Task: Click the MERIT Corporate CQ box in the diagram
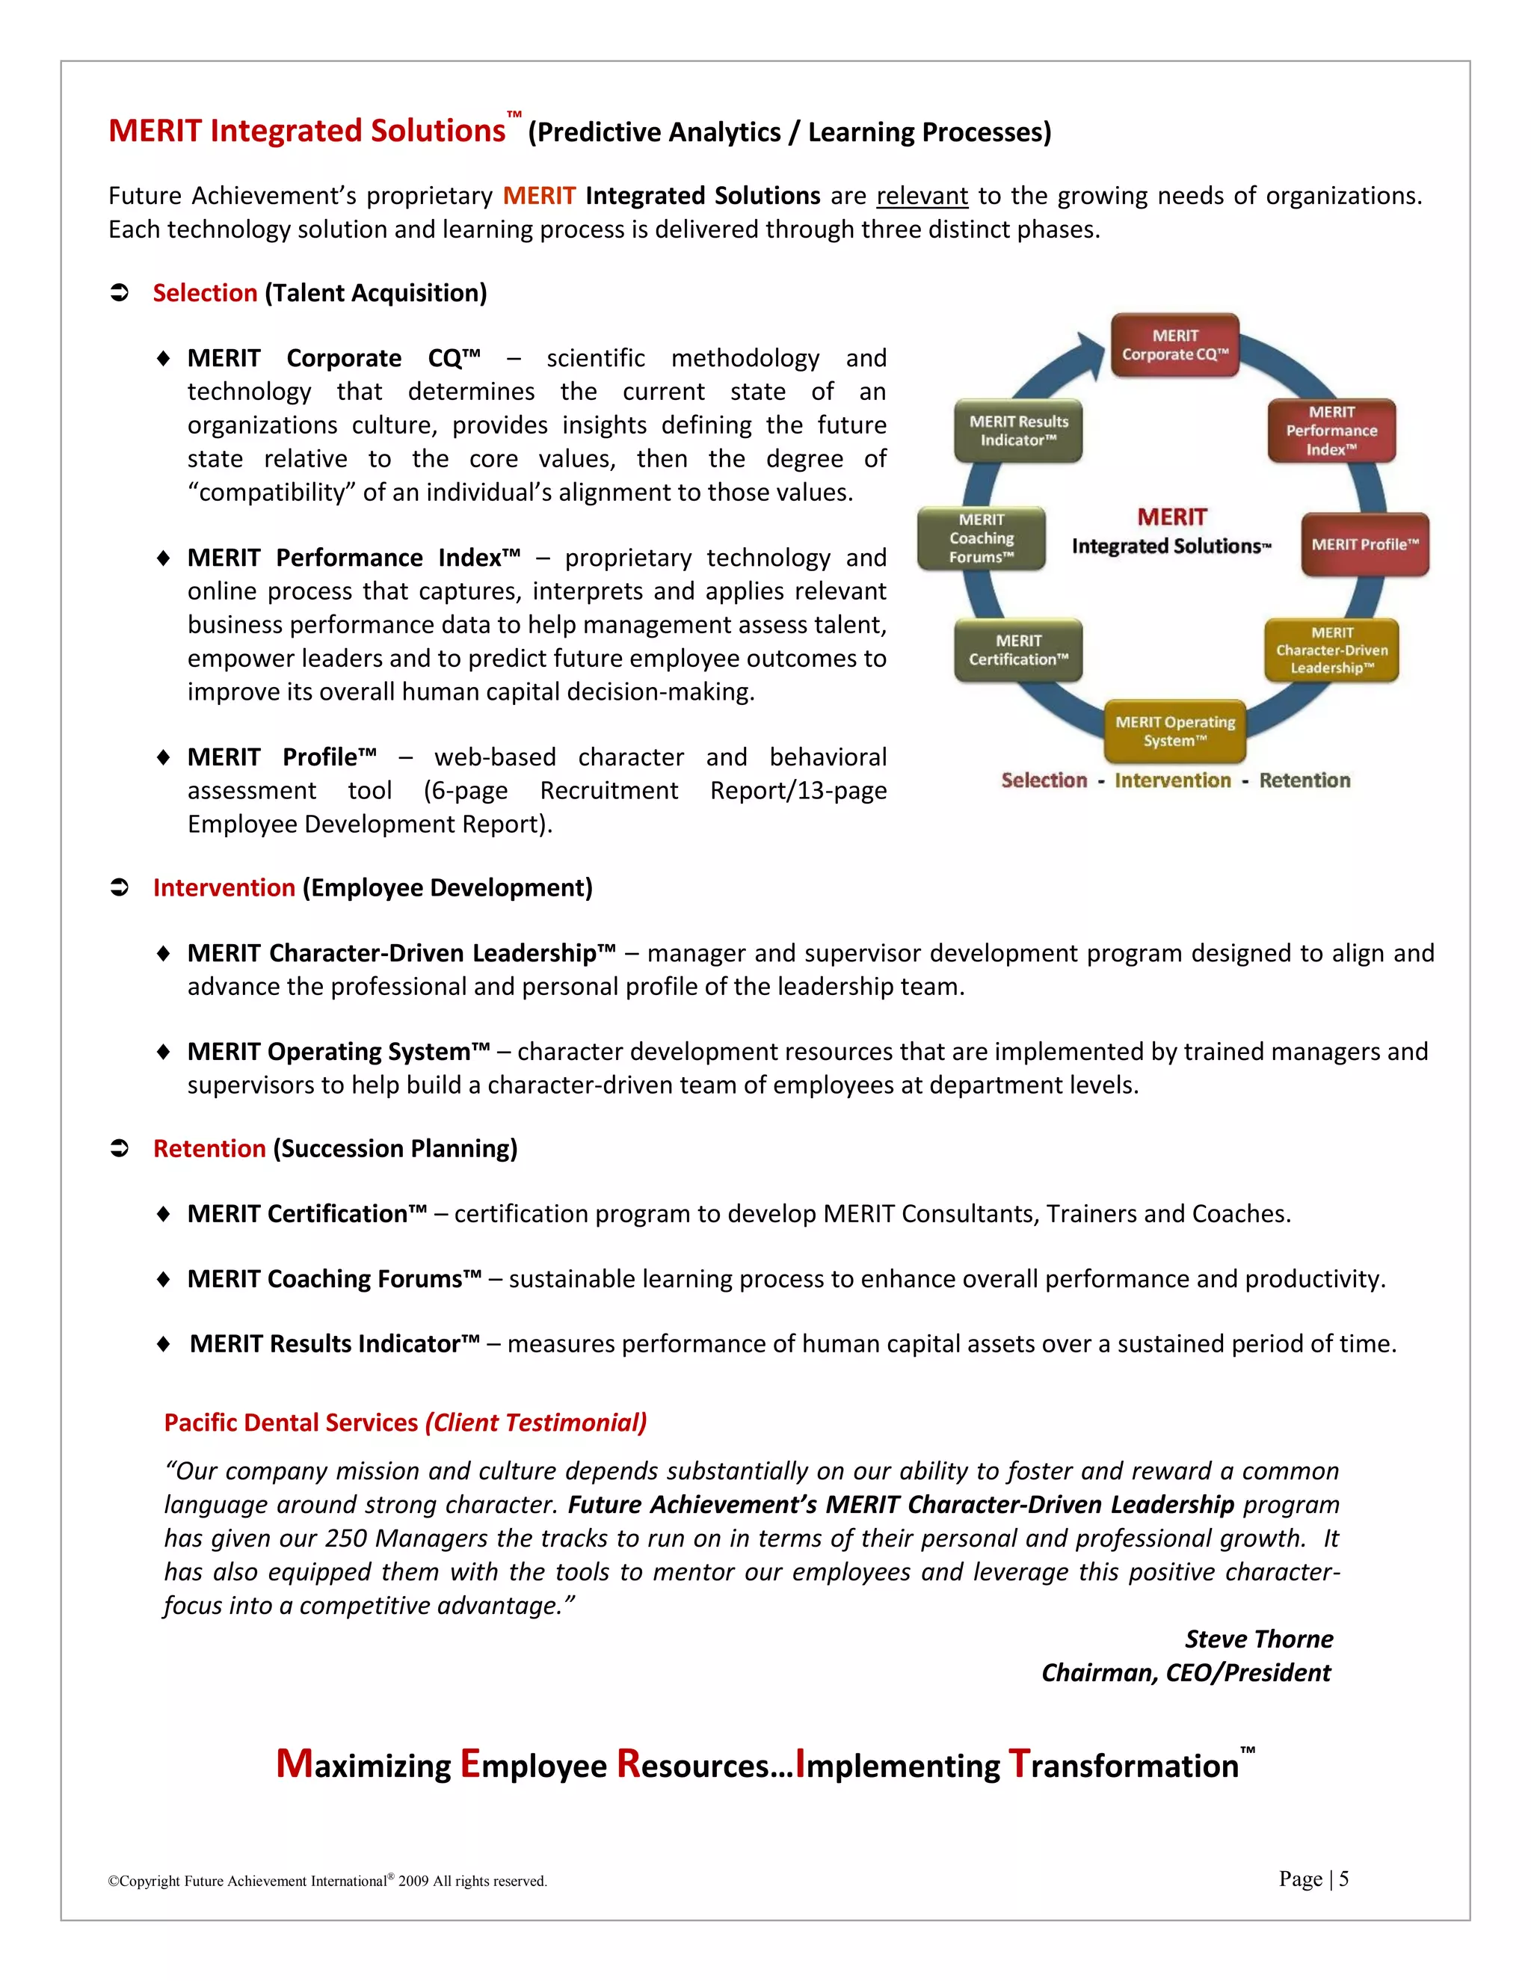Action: [1174, 345]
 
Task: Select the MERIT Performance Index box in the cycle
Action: [1331, 431]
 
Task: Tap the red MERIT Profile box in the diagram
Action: [1364, 544]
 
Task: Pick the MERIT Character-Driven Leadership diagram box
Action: [1331, 650]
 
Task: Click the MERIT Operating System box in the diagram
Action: [1174, 731]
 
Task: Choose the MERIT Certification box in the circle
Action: [1017, 650]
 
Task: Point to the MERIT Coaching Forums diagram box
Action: [982, 538]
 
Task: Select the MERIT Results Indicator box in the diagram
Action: [1017, 431]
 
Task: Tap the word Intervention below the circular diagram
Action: [1172, 781]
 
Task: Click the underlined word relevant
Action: [922, 196]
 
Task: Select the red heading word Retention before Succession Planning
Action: [209, 1148]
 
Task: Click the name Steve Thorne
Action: [1258, 1639]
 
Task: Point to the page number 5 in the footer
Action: [1343, 1879]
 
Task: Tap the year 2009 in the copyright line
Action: [413, 1882]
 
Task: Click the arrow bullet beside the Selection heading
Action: [120, 293]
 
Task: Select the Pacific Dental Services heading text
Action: [290, 1423]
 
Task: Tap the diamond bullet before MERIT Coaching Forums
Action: [163, 1279]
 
